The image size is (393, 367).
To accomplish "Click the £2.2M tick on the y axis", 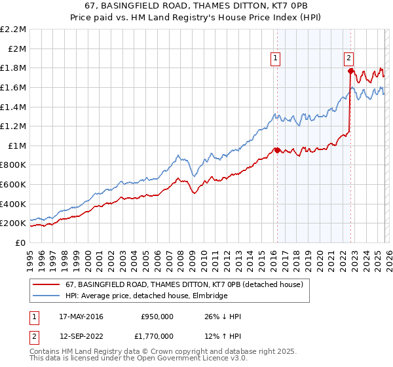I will tap(14, 29).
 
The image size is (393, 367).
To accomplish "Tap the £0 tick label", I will tap(21, 242).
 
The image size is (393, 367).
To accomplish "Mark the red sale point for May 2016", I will tap(277, 150).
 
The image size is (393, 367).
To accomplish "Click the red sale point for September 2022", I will tap(351, 71).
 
